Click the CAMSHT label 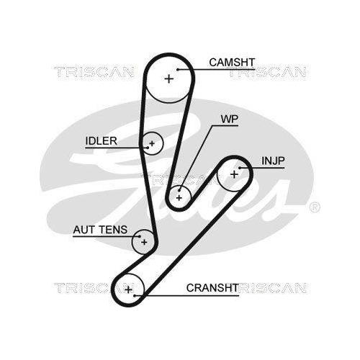231,63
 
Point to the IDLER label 100,140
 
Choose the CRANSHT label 212,287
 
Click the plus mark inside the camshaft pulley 168,78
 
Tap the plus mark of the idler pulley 152,145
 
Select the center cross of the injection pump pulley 234,174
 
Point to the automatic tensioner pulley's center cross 144,242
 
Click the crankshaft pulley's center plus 129,290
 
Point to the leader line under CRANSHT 194,295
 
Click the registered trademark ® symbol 315,207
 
